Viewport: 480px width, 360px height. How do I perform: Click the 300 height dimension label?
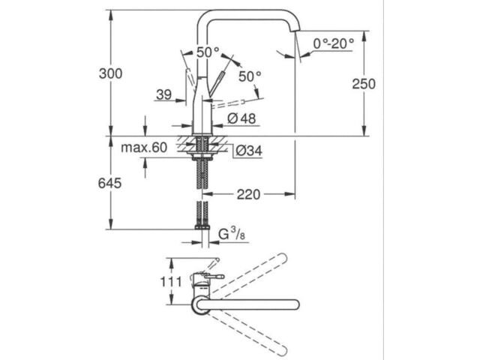pos(110,73)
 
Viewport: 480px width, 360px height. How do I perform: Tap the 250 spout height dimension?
pos(364,84)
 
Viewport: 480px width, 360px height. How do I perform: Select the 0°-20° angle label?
pos(333,43)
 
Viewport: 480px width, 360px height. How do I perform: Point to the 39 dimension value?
pos(163,94)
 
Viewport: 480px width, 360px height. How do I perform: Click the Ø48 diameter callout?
pos(241,118)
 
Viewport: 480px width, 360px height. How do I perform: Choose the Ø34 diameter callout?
pos(249,151)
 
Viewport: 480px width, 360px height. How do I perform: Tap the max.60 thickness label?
pos(144,148)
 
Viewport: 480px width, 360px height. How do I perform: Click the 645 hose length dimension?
pos(109,183)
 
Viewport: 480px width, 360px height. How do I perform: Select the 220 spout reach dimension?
pos(248,194)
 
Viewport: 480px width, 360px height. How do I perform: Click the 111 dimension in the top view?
pos(171,282)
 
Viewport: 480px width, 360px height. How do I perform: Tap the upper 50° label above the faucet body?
pos(208,52)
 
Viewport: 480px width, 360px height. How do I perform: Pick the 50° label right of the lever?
pos(250,76)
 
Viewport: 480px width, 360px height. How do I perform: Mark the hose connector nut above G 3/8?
pos(202,227)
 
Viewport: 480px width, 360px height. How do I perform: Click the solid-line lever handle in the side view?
pos(217,82)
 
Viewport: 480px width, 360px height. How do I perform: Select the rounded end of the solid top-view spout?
pos(295,304)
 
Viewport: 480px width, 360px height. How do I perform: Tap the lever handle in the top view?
pos(214,277)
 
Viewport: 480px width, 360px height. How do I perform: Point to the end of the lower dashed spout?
pos(282,350)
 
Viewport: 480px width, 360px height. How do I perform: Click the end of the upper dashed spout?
pos(282,258)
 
